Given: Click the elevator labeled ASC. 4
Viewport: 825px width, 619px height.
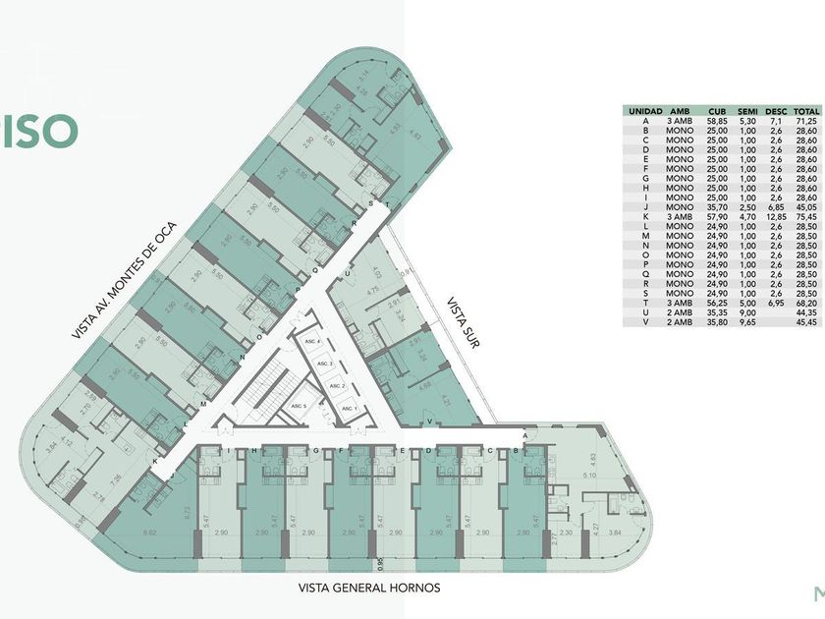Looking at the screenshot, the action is pyautogui.click(x=313, y=342).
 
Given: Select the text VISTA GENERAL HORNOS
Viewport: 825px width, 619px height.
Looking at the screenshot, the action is pyautogui.click(x=369, y=589).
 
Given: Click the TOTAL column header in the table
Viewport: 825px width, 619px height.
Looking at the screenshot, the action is pyautogui.click(x=806, y=111).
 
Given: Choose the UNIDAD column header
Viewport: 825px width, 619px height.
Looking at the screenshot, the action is pyautogui.click(x=645, y=111).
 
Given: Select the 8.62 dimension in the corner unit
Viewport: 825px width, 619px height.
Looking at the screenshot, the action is pyautogui.click(x=150, y=532).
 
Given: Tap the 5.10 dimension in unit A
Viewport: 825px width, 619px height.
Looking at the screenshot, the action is pyautogui.click(x=589, y=476).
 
